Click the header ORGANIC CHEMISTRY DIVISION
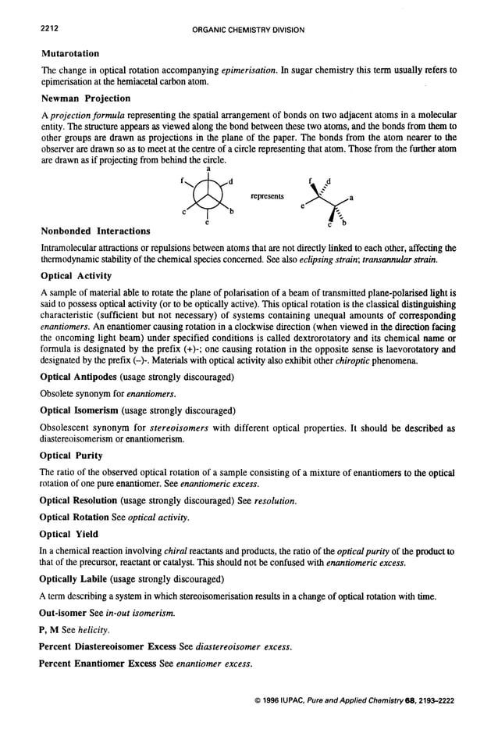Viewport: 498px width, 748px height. tap(247, 30)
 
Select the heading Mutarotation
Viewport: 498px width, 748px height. tap(69, 53)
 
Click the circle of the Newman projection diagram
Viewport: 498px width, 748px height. tap(207, 195)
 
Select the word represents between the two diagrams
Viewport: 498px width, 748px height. tap(267, 196)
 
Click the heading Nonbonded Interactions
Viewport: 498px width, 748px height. tap(94, 231)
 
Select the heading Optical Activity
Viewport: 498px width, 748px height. tap(75, 276)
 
